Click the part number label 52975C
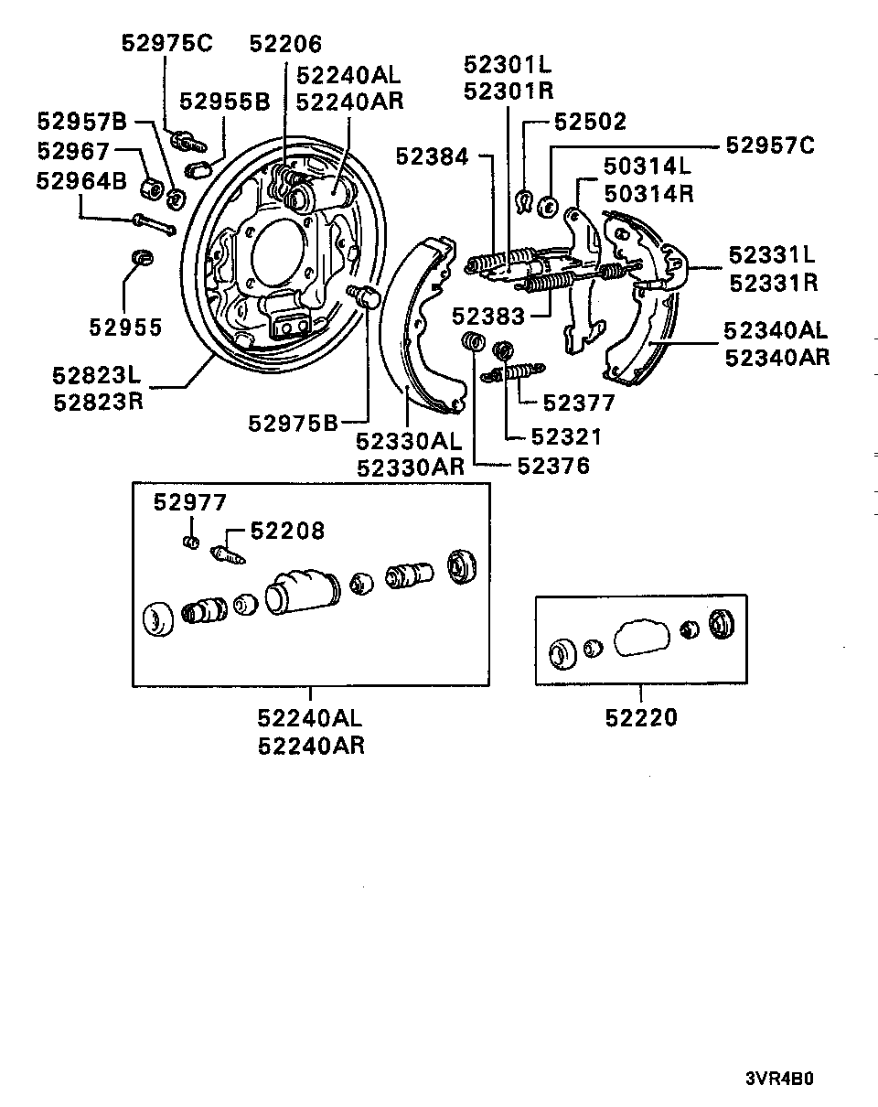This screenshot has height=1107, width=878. click(x=166, y=44)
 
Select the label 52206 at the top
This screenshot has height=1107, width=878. click(x=286, y=44)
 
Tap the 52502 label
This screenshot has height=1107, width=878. click(x=590, y=122)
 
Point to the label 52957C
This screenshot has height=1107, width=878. click(x=769, y=145)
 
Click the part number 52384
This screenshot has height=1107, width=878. click(x=432, y=157)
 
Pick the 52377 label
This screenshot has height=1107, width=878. click(x=579, y=403)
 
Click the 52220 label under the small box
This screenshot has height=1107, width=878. click(x=641, y=718)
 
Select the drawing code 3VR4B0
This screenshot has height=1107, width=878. click(x=778, y=1077)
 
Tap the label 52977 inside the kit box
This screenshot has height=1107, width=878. click(x=189, y=502)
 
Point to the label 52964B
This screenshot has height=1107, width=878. click(x=81, y=180)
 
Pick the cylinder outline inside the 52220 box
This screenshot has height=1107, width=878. click(x=642, y=638)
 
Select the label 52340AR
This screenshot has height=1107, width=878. click(x=776, y=357)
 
